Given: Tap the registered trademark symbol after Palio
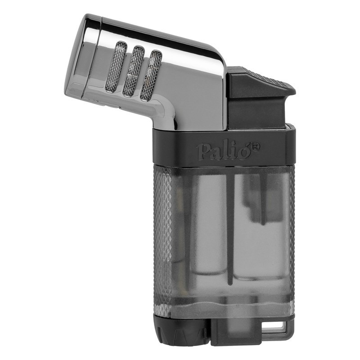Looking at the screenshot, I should coord(255,146).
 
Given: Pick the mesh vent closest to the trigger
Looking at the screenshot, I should coord(152,75).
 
